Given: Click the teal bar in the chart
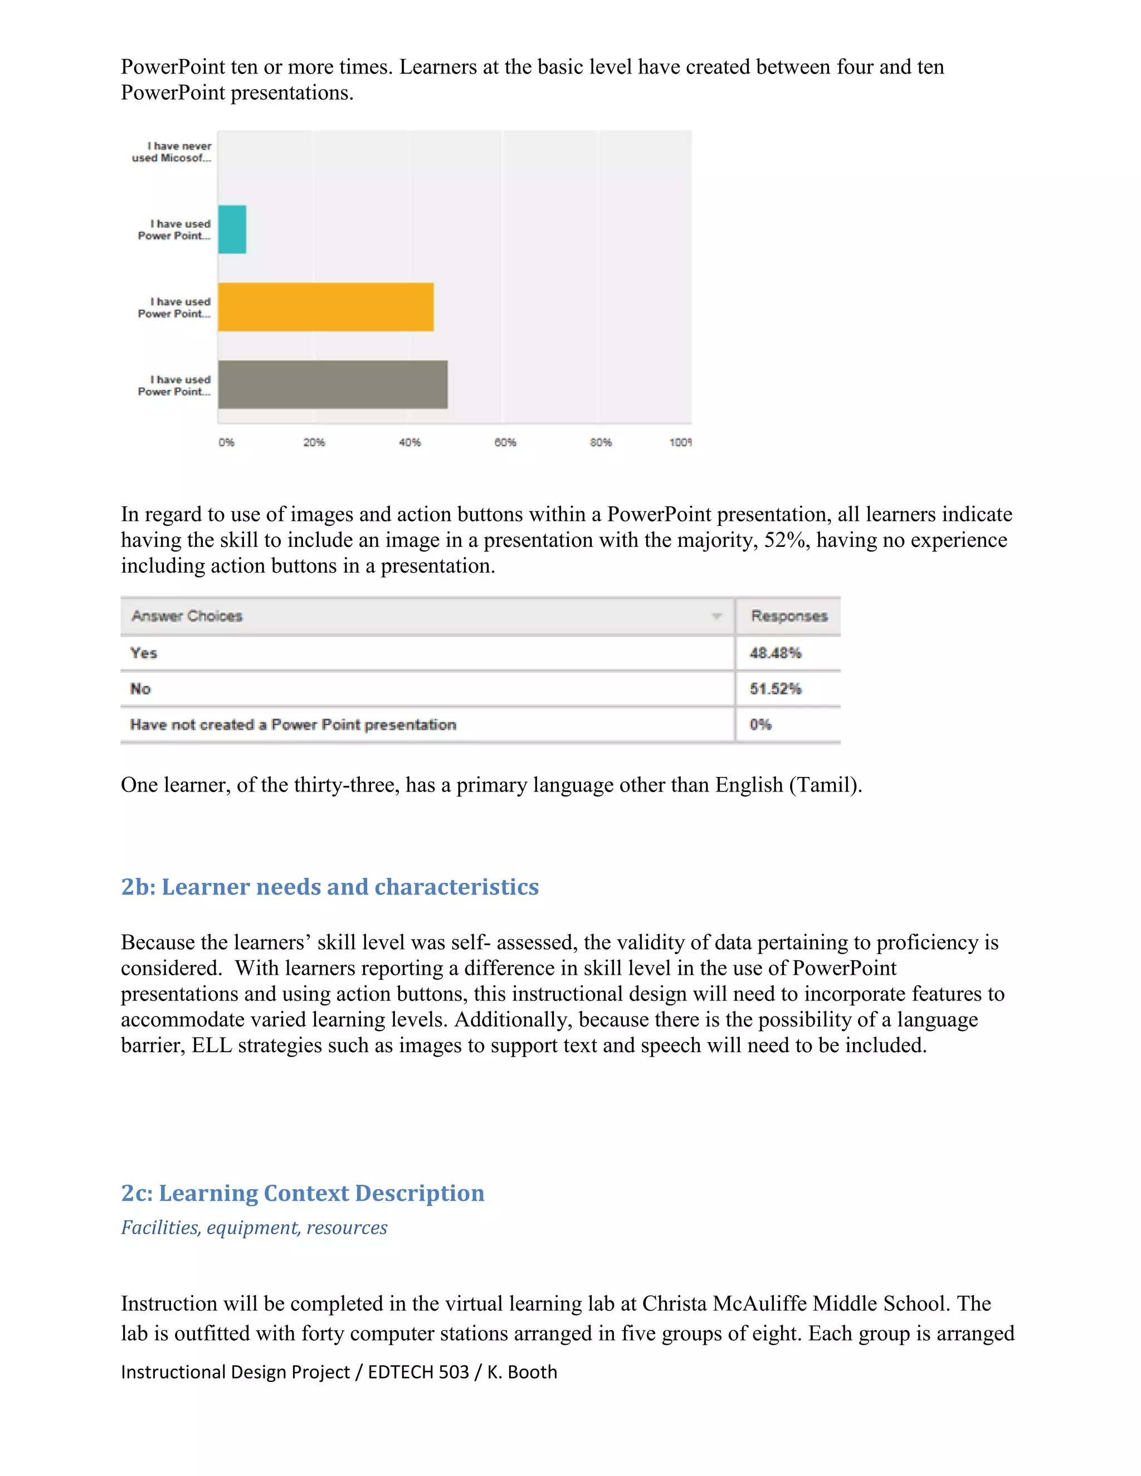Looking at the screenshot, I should point(232,229).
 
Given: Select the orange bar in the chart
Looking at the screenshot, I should point(325,307).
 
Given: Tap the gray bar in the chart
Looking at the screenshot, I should point(332,384).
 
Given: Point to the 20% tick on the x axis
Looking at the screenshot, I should point(314,442).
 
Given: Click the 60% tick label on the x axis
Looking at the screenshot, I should point(505,442).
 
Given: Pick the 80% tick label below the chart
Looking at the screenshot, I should point(600,442).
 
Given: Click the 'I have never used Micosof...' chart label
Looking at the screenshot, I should point(172,152).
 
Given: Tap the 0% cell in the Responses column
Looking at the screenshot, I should point(760,725).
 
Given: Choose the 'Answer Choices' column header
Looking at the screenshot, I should point(187,615).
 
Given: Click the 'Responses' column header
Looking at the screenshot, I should point(789,615).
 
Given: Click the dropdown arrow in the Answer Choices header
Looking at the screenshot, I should point(716,615).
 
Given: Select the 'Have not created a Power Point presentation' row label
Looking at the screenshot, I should point(292,725).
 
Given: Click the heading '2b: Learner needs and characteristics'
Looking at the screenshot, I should point(330,887).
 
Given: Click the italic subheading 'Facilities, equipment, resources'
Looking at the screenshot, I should point(254,1227).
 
